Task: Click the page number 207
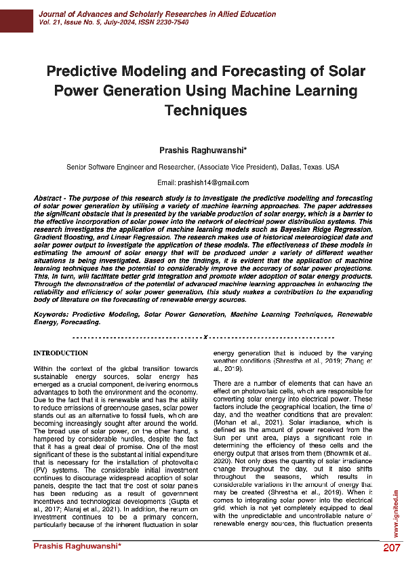coord(391,548)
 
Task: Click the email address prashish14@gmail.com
coord(213,182)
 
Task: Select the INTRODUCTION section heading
coord(61,353)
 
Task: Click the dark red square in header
coord(16,16)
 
